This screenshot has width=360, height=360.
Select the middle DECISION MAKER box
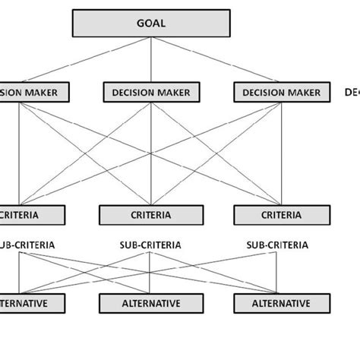[152, 93]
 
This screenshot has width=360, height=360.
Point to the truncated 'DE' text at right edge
[352, 93]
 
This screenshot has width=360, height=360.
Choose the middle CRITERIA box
[152, 215]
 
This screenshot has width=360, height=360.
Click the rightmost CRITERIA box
[282, 215]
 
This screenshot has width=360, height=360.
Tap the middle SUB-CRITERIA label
[150, 245]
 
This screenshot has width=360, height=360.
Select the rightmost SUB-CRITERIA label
[278, 245]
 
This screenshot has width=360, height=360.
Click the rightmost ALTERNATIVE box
[282, 303]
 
